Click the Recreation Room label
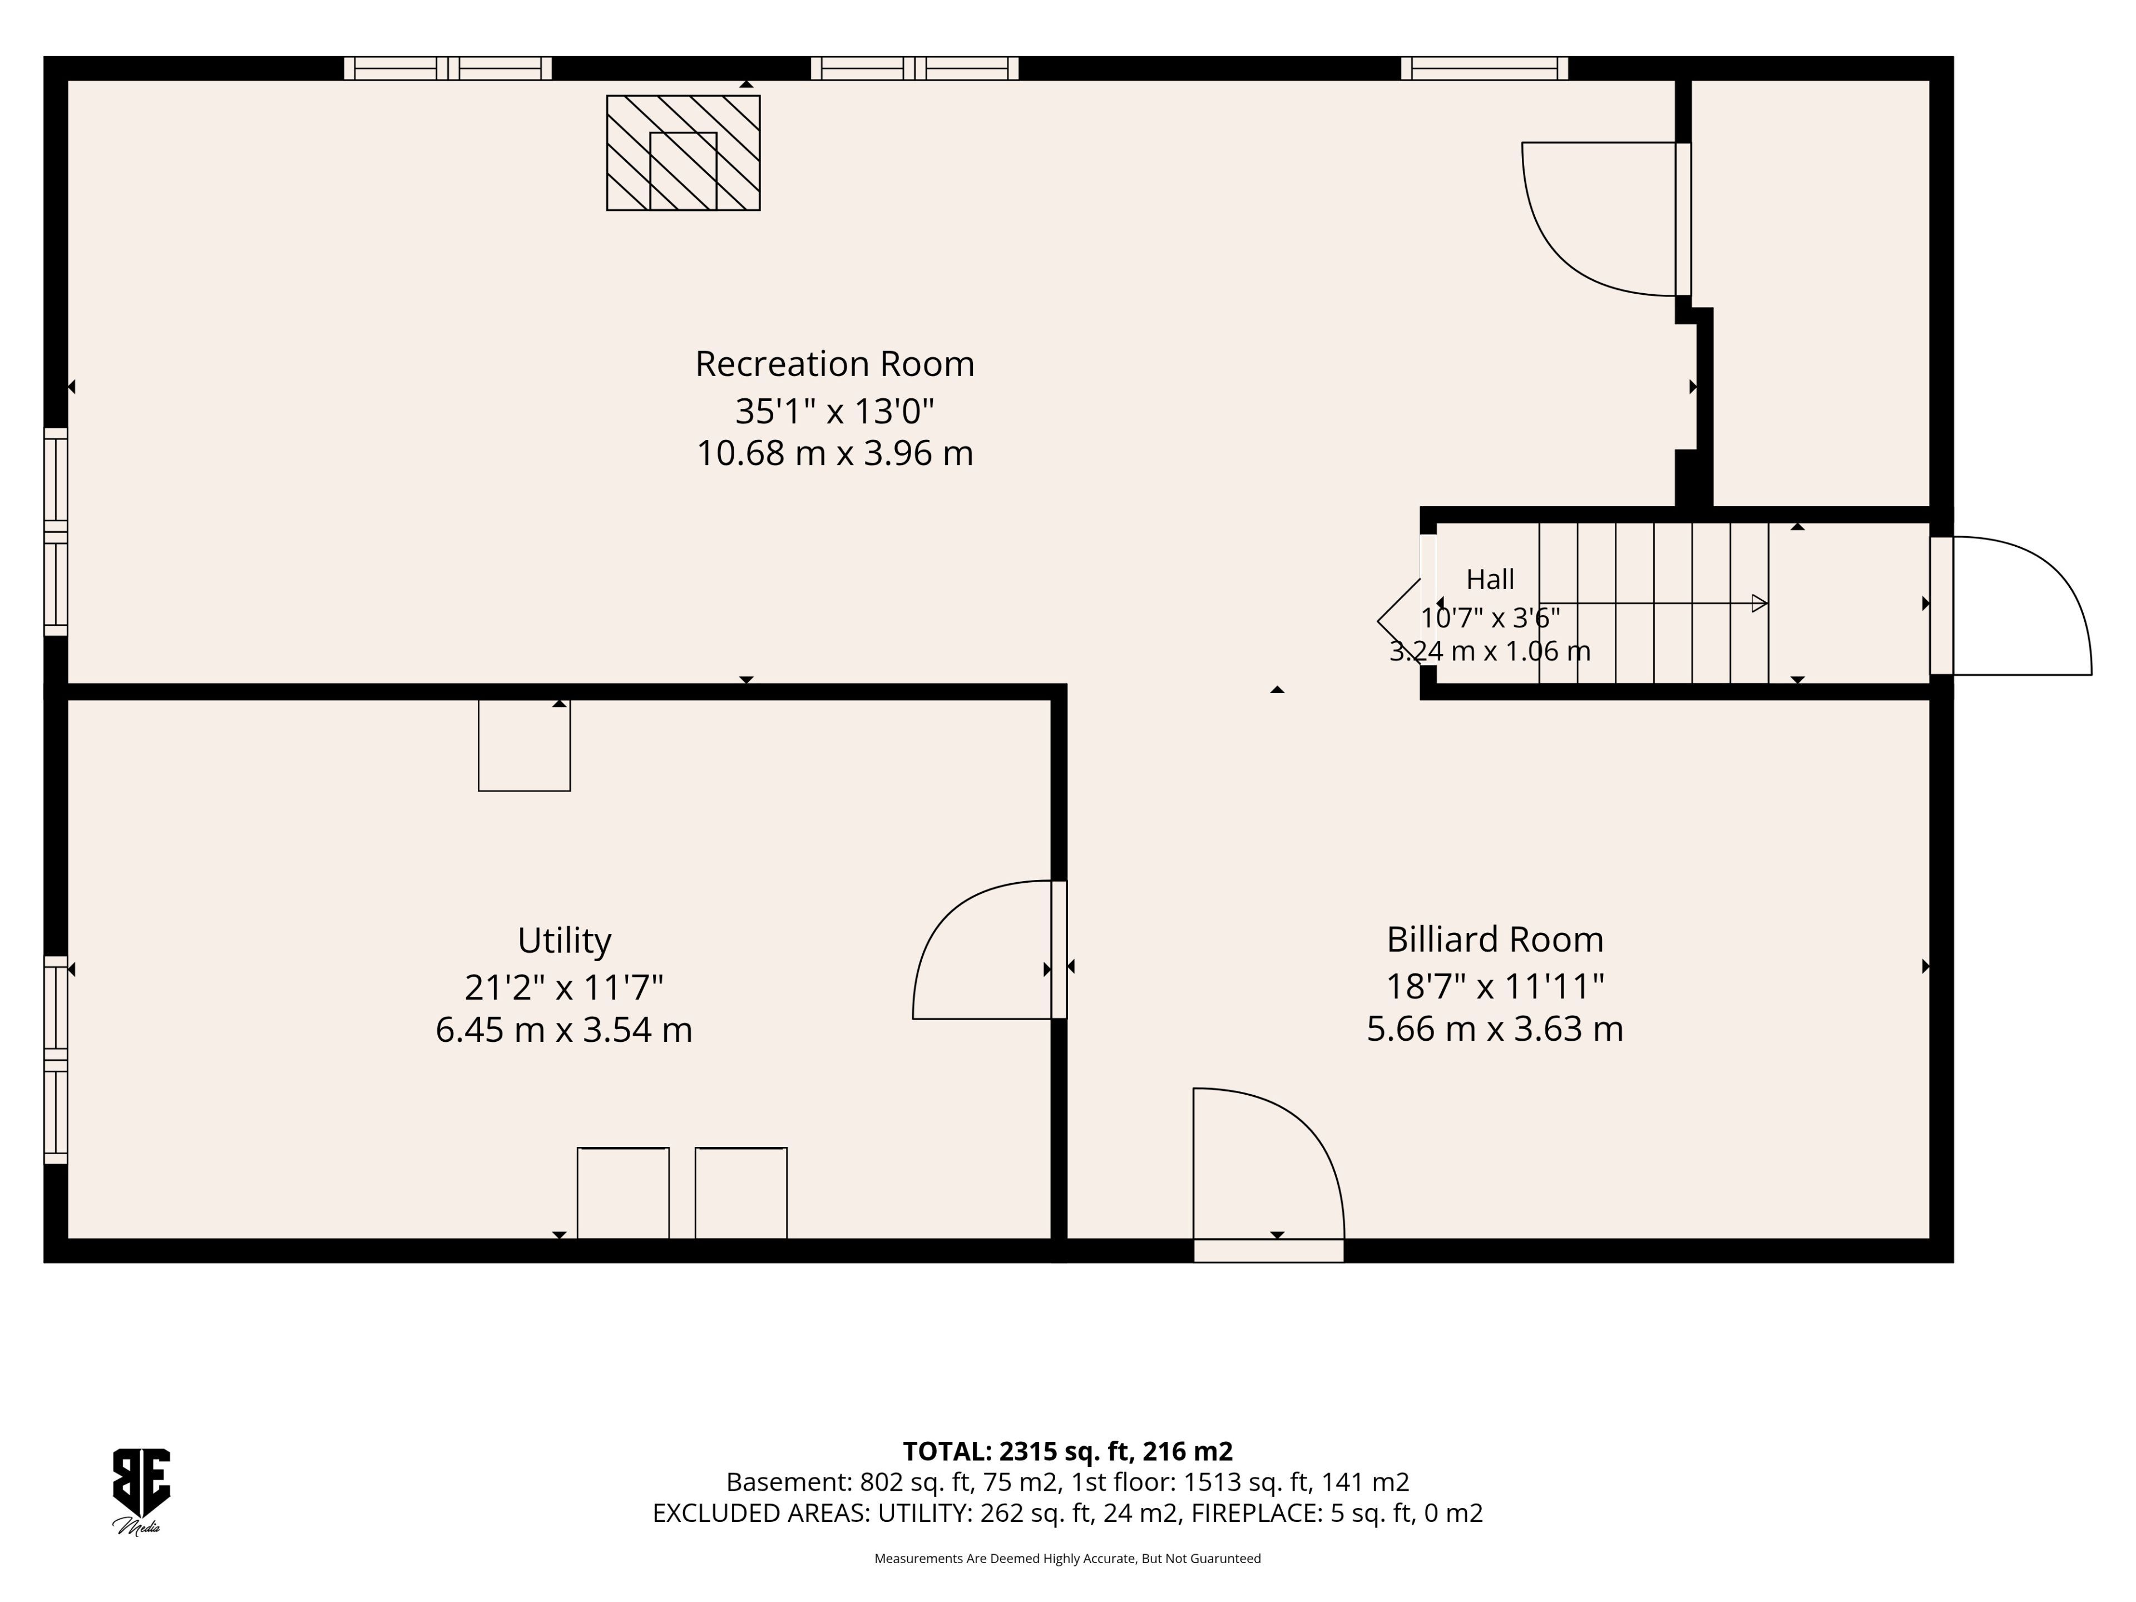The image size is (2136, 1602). coord(834,364)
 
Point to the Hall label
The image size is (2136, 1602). coord(1490,580)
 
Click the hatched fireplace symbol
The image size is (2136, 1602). coord(683,152)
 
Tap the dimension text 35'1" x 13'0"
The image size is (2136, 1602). coord(834,412)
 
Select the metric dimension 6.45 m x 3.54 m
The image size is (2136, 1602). coord(564,1030)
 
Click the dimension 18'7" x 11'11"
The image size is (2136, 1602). coord(1495,986)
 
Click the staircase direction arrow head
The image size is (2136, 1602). coord(1759,604)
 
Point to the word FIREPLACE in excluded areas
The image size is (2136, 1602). coord(1255,1513)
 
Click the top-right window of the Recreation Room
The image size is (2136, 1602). coord(1484,68)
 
